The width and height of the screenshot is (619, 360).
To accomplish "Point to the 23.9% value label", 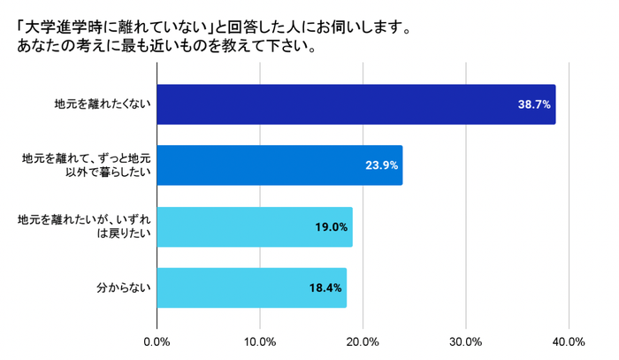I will pos(382,165).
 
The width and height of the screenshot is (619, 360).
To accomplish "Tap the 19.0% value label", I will pos(331,227).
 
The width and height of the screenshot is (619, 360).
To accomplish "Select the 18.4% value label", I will pos(325,288).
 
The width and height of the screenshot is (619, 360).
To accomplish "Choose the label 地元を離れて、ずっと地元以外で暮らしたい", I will pos(87,165).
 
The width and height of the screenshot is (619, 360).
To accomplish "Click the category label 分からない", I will pos(124,288).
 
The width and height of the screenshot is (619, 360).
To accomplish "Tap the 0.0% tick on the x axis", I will pos(157,341).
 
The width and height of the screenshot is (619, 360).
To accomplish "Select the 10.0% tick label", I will pos(260,341).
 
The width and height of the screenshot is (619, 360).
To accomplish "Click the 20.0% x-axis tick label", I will pos(363,341).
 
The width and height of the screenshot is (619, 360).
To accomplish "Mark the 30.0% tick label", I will pos(466,341).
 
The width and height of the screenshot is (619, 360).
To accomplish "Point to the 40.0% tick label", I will pos(569,341).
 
